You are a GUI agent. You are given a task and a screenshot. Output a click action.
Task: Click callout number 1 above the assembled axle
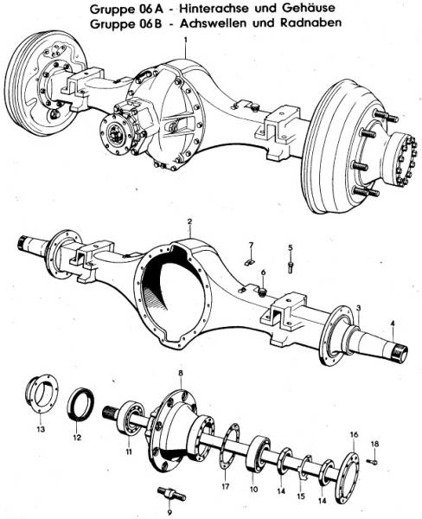click(185, 40)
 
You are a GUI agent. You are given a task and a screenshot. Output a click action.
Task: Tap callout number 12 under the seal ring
click(76, 438)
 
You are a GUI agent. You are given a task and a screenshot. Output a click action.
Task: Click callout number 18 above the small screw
click(374, 444)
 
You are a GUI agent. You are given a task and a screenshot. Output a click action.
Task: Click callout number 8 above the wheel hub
click(180, 372)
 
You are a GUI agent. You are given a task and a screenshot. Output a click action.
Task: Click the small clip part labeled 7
click(246, 257)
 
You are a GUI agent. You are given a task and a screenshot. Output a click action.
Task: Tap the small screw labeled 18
click(370, 461)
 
